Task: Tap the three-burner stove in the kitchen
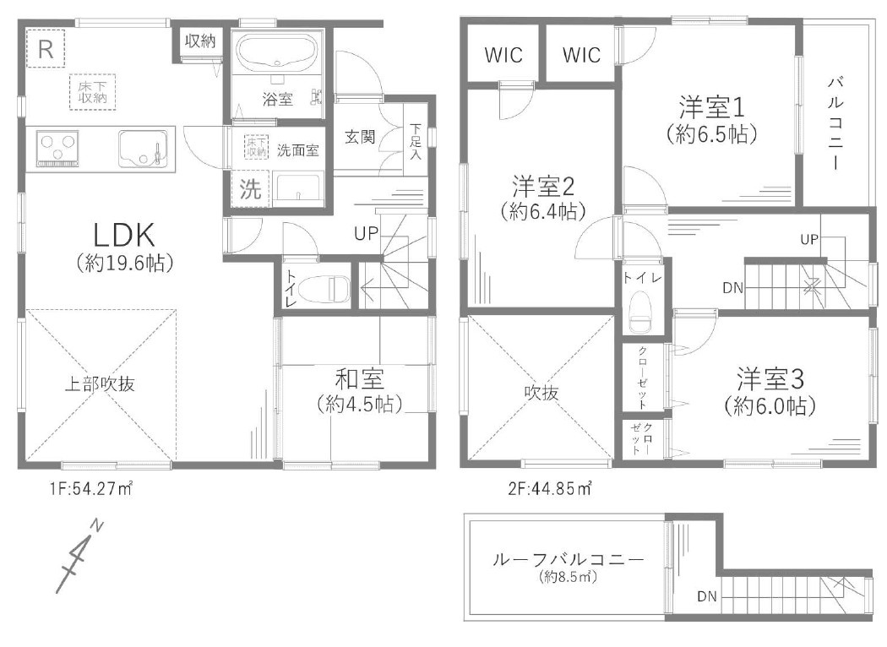(57, 149)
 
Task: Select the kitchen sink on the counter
(143, 148)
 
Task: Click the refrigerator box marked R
(46, 49)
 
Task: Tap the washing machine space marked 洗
(249, 189)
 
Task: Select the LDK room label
(124, 236)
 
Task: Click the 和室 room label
(360, 379)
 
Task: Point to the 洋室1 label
(711, 106)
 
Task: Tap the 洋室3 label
(770, 379)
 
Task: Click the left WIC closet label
(503, 55)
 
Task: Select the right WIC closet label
(581, 55)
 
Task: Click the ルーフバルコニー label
(569, 559)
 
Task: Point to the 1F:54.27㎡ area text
(90, 488)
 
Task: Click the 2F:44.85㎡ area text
(549, 488)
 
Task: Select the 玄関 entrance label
(360, 137)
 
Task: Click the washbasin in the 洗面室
(297, 189)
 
